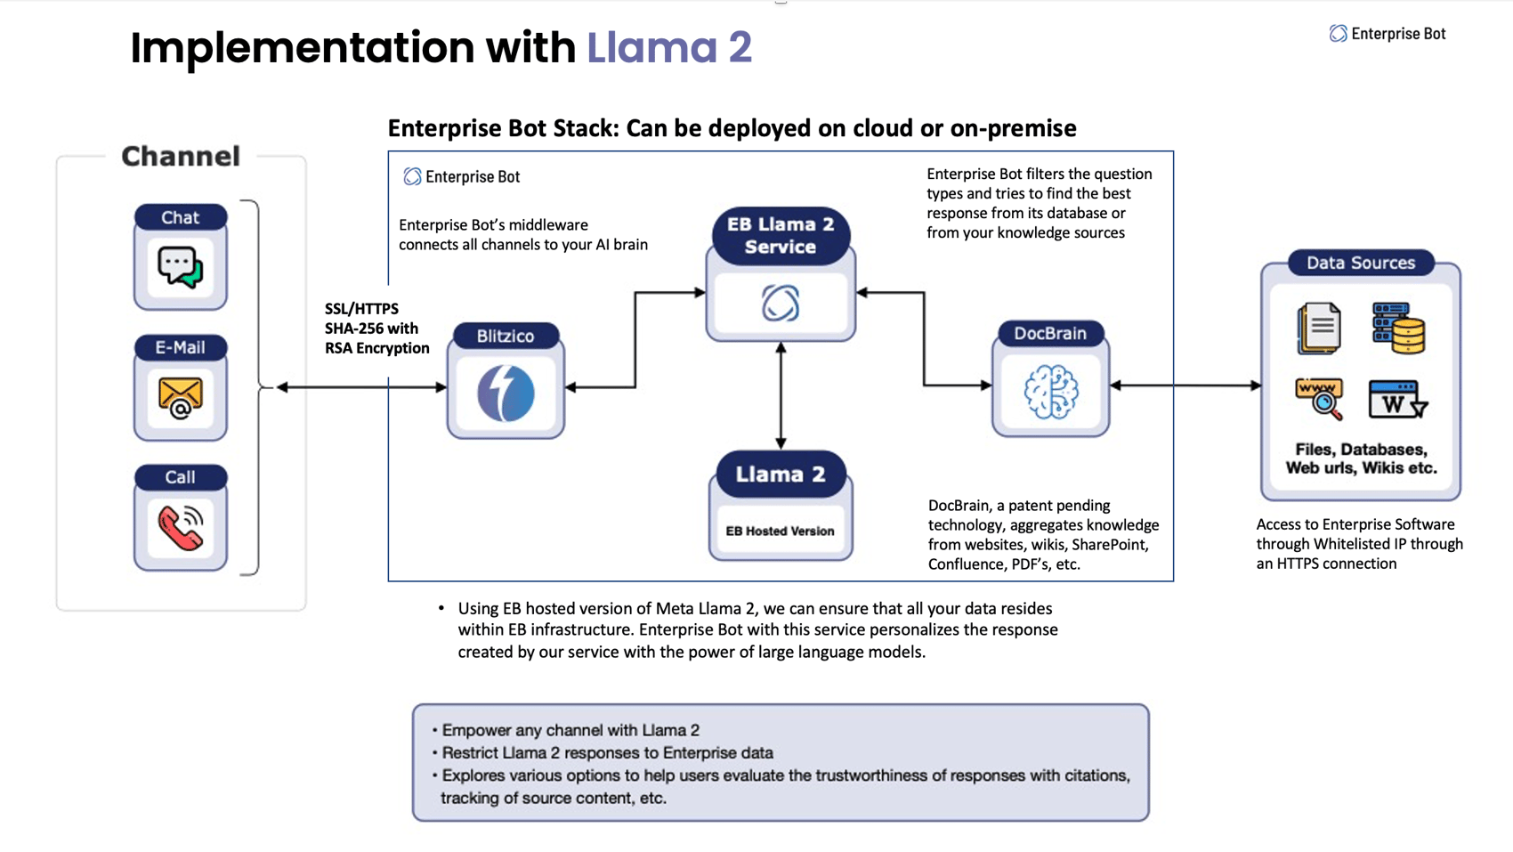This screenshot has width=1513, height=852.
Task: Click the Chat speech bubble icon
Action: [x=180, y=266]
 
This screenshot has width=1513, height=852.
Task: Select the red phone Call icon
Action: [x=180, y=527]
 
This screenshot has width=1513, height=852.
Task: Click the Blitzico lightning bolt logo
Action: [x=506, y=393]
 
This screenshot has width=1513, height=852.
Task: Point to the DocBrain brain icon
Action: [x=1050, y=392]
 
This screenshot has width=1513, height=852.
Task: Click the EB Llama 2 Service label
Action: [x=781, y=236]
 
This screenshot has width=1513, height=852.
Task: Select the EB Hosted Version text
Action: [x=780, y=531]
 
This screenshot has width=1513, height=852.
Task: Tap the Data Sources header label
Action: [x=1360, y=263]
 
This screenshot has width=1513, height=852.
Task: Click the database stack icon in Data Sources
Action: [x=1398, y=328]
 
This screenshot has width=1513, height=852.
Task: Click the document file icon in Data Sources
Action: [x=1319, y=328]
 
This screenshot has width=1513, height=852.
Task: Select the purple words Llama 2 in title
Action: [x=669, y=47]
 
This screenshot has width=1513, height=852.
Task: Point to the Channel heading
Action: [x=181, y=157]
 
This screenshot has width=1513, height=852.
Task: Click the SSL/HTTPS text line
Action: [x=361, y=309]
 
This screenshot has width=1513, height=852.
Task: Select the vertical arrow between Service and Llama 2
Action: [x=781, y=395]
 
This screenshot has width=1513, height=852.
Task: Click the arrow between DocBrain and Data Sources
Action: [x=1185, y=385]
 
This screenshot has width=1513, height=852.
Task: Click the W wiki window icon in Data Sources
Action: [x=1396, y=400]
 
